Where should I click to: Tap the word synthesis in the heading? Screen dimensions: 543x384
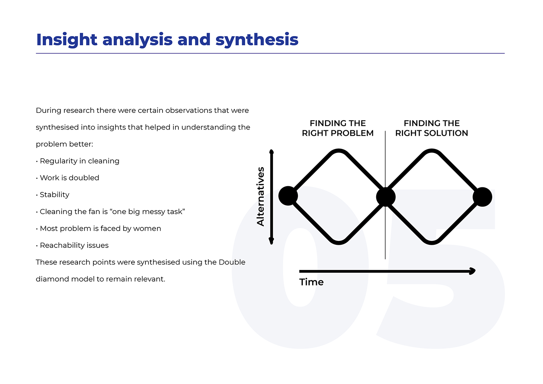click(257, 40)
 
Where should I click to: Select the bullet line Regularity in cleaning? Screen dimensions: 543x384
click(80, 161)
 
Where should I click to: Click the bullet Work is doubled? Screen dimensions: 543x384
click(69, 178)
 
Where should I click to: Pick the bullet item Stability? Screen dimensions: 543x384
click(54, 195)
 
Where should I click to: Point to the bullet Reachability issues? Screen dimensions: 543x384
click(74, 245)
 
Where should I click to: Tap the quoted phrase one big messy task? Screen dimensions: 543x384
click(147, 211)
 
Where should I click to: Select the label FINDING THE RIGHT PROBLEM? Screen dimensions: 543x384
click(337, 128)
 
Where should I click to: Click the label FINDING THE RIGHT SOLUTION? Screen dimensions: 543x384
click(431, 128)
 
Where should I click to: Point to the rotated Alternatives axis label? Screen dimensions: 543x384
click(261, 196)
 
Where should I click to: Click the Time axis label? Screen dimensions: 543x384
click(311, 282)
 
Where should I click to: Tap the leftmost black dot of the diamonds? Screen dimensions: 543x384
click(288, 196)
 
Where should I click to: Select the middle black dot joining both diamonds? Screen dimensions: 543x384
click(386, 197)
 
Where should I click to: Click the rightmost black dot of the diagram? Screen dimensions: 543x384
click(482, 197)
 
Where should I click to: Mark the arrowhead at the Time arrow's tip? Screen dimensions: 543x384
click(472, 271)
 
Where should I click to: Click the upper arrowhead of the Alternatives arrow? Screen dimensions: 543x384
click(271, 152)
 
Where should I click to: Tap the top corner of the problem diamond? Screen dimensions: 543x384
click(339, 151)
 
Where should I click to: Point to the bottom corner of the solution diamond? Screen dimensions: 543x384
click(432, 242)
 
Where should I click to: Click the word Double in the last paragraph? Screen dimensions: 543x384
click(232, 262)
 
